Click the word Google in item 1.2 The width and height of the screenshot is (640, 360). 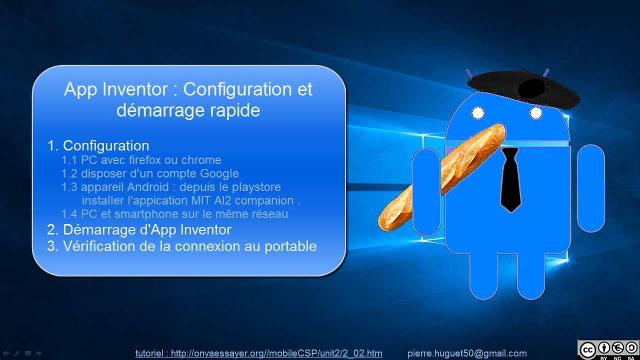[219, 174]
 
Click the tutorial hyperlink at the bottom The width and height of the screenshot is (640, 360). [259, 353]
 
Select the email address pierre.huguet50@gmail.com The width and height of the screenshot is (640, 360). [467, 353]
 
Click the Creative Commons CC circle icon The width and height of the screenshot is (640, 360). [587, 349]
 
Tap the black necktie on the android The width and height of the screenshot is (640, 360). [510, 179]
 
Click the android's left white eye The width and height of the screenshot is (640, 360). [478, 113]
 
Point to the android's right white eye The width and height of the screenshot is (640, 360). [536, 113]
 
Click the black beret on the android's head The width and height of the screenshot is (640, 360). [523, 88]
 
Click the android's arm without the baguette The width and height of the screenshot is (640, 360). [591, 188]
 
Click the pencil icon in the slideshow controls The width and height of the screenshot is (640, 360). [17, 353]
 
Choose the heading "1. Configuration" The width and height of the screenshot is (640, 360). [98, 145]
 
